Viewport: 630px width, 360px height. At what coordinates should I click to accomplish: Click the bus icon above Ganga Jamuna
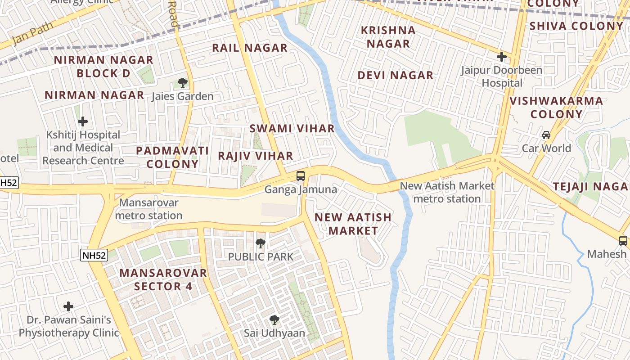pos(301,176)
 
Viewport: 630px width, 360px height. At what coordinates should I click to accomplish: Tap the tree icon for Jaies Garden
pos(182,83)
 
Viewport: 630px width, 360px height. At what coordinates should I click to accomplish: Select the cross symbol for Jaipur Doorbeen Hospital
pos(502,57)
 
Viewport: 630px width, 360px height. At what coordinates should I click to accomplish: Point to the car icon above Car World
pos(546,135)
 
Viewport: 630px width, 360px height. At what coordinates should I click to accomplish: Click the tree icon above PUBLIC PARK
pos(260,243)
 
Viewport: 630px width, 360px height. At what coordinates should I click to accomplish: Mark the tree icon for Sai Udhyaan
pos(274,320)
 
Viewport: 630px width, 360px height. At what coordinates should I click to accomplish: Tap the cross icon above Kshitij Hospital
pos(83,121)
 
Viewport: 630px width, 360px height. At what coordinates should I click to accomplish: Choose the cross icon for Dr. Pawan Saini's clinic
pos(68,307)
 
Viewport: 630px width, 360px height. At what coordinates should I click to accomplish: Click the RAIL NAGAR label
pos(250,48)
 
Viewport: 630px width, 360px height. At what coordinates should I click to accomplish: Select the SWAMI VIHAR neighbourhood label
pos(292,128)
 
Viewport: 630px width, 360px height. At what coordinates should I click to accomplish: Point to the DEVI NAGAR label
pos(396,75)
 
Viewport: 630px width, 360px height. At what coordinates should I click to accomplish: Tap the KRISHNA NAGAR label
pos(388,37)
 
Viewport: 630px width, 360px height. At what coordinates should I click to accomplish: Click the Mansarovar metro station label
pos(148,209)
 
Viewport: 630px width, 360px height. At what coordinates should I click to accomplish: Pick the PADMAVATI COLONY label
pos(172,157)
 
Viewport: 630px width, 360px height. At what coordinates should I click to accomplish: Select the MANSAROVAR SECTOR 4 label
pos(163,279)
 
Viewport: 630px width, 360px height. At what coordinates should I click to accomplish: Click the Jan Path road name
pos(32,33)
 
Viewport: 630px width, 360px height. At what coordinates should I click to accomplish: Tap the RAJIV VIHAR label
pos(256,156)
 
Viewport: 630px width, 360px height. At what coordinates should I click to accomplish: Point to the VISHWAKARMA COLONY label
pos(556,107)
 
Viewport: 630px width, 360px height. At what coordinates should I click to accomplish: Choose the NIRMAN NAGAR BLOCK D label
pos(103,66)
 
